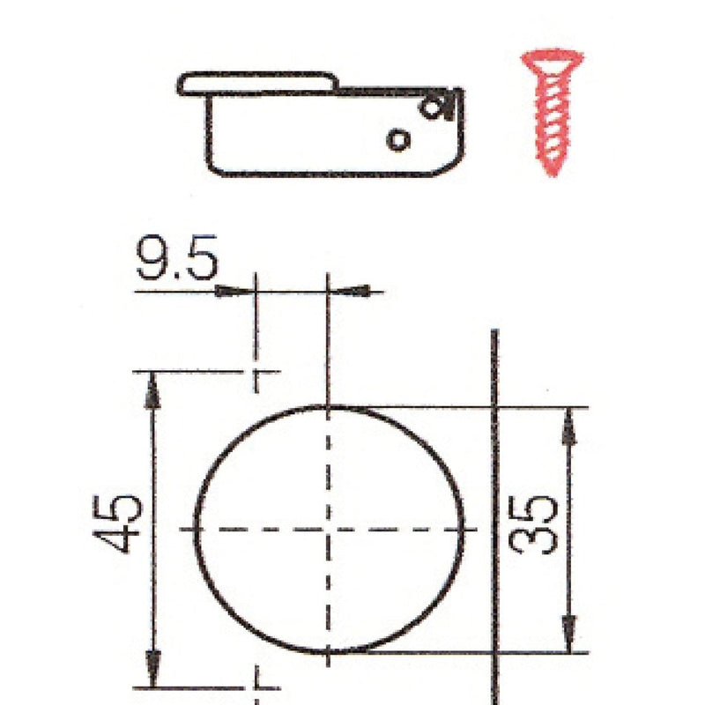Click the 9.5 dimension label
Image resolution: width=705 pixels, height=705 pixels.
[177, 257]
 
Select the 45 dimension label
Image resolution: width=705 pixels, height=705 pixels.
[117, 523]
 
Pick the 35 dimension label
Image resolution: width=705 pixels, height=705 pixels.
[532, 524]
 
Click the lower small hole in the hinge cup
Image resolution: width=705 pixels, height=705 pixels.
[398, 140]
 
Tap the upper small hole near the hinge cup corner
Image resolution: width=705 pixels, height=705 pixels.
[431, 108]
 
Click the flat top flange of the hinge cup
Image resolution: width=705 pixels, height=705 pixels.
[258, 84]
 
